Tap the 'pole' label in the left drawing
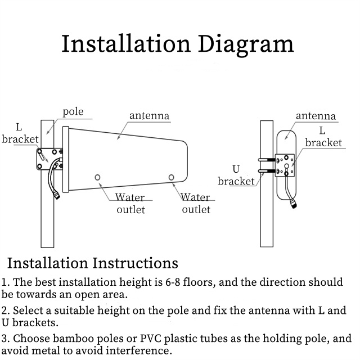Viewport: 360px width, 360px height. [73, 111]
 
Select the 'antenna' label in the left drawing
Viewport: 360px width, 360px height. [149, 116]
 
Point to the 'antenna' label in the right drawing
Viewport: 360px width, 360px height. [316, 116]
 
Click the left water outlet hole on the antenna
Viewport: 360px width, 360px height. [98, 178]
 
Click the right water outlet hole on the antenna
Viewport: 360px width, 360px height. [172, 178]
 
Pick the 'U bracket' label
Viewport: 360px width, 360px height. [236, 175]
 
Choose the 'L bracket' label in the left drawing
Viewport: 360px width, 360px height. [20, 133]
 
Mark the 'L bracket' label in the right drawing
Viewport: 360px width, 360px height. [323, 137]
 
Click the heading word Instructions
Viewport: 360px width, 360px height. [134, 263]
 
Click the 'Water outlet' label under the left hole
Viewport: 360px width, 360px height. [130, 203]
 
